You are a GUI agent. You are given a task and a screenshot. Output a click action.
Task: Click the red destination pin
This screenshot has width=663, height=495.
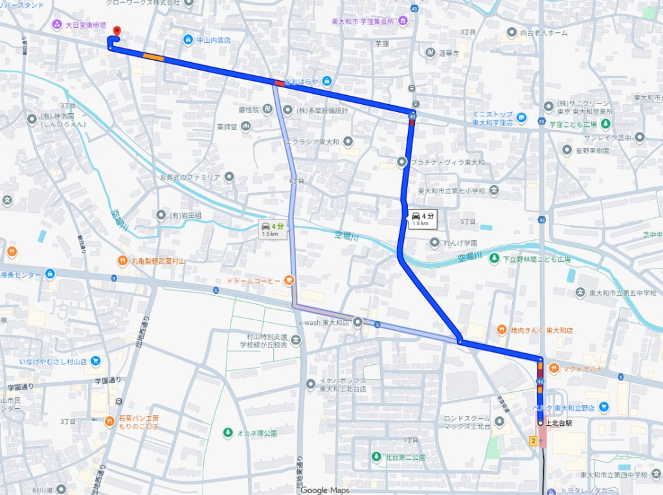tap(117, 31)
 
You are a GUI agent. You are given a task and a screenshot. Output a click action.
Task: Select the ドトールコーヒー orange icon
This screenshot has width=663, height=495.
tap(289, 281)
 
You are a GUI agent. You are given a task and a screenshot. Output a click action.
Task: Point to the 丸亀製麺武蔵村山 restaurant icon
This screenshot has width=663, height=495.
tap(122, 261)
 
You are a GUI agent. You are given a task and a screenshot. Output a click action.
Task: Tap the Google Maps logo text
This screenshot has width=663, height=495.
tap(325, 490)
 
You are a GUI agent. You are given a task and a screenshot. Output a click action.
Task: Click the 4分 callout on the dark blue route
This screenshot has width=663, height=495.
tap(422, 218)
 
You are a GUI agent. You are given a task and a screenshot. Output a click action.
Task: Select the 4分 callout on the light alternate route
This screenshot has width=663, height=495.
tap(272, 228)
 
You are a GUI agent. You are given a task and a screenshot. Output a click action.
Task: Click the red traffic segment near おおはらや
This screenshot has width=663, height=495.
tap(279, 82)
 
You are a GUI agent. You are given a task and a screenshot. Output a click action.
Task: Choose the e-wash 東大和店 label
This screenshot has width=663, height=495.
tap(323, 322)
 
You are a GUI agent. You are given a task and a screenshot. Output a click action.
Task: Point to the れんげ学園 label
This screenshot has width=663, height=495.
tap(462, 243)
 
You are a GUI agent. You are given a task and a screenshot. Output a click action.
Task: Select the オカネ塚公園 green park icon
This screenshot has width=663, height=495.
tap(227, 433)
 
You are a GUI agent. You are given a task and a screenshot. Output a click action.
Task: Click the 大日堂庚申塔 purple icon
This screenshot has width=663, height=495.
tap(57, 25)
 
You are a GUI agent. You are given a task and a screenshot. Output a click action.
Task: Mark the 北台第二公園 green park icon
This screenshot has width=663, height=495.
tap(376, 457)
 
